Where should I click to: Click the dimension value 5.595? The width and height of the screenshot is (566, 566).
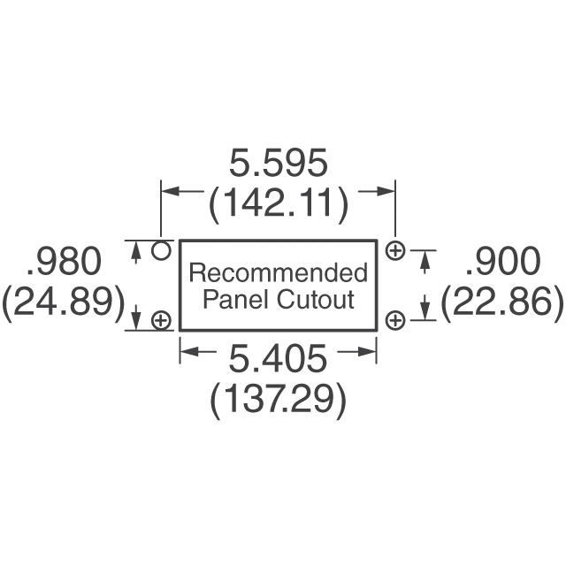pos(278,164)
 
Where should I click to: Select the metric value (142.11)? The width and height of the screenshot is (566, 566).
pos(278,205)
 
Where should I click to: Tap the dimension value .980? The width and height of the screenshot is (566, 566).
pos(65,262)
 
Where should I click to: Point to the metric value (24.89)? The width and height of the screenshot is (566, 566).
pos(63,303)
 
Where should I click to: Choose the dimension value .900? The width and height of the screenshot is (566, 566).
pos(501,262)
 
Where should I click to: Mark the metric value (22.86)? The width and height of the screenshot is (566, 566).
pos(501,303)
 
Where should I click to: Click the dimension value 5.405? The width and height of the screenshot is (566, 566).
pos(278,359)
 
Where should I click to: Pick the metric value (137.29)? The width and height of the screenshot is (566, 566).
pos(278,401)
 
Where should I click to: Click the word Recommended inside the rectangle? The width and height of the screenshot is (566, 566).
pos(279,272)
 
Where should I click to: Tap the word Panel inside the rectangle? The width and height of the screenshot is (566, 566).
pos(233,299)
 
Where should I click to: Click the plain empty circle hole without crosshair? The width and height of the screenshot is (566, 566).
pos(160,250)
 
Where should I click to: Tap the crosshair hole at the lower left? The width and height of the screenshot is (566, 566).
pos(161,320)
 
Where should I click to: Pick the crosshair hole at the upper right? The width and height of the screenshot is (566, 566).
pos(395,251)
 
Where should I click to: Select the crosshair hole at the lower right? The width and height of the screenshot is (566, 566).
pos(395,320)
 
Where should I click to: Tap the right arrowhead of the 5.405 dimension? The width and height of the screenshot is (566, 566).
pos(371,352)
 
